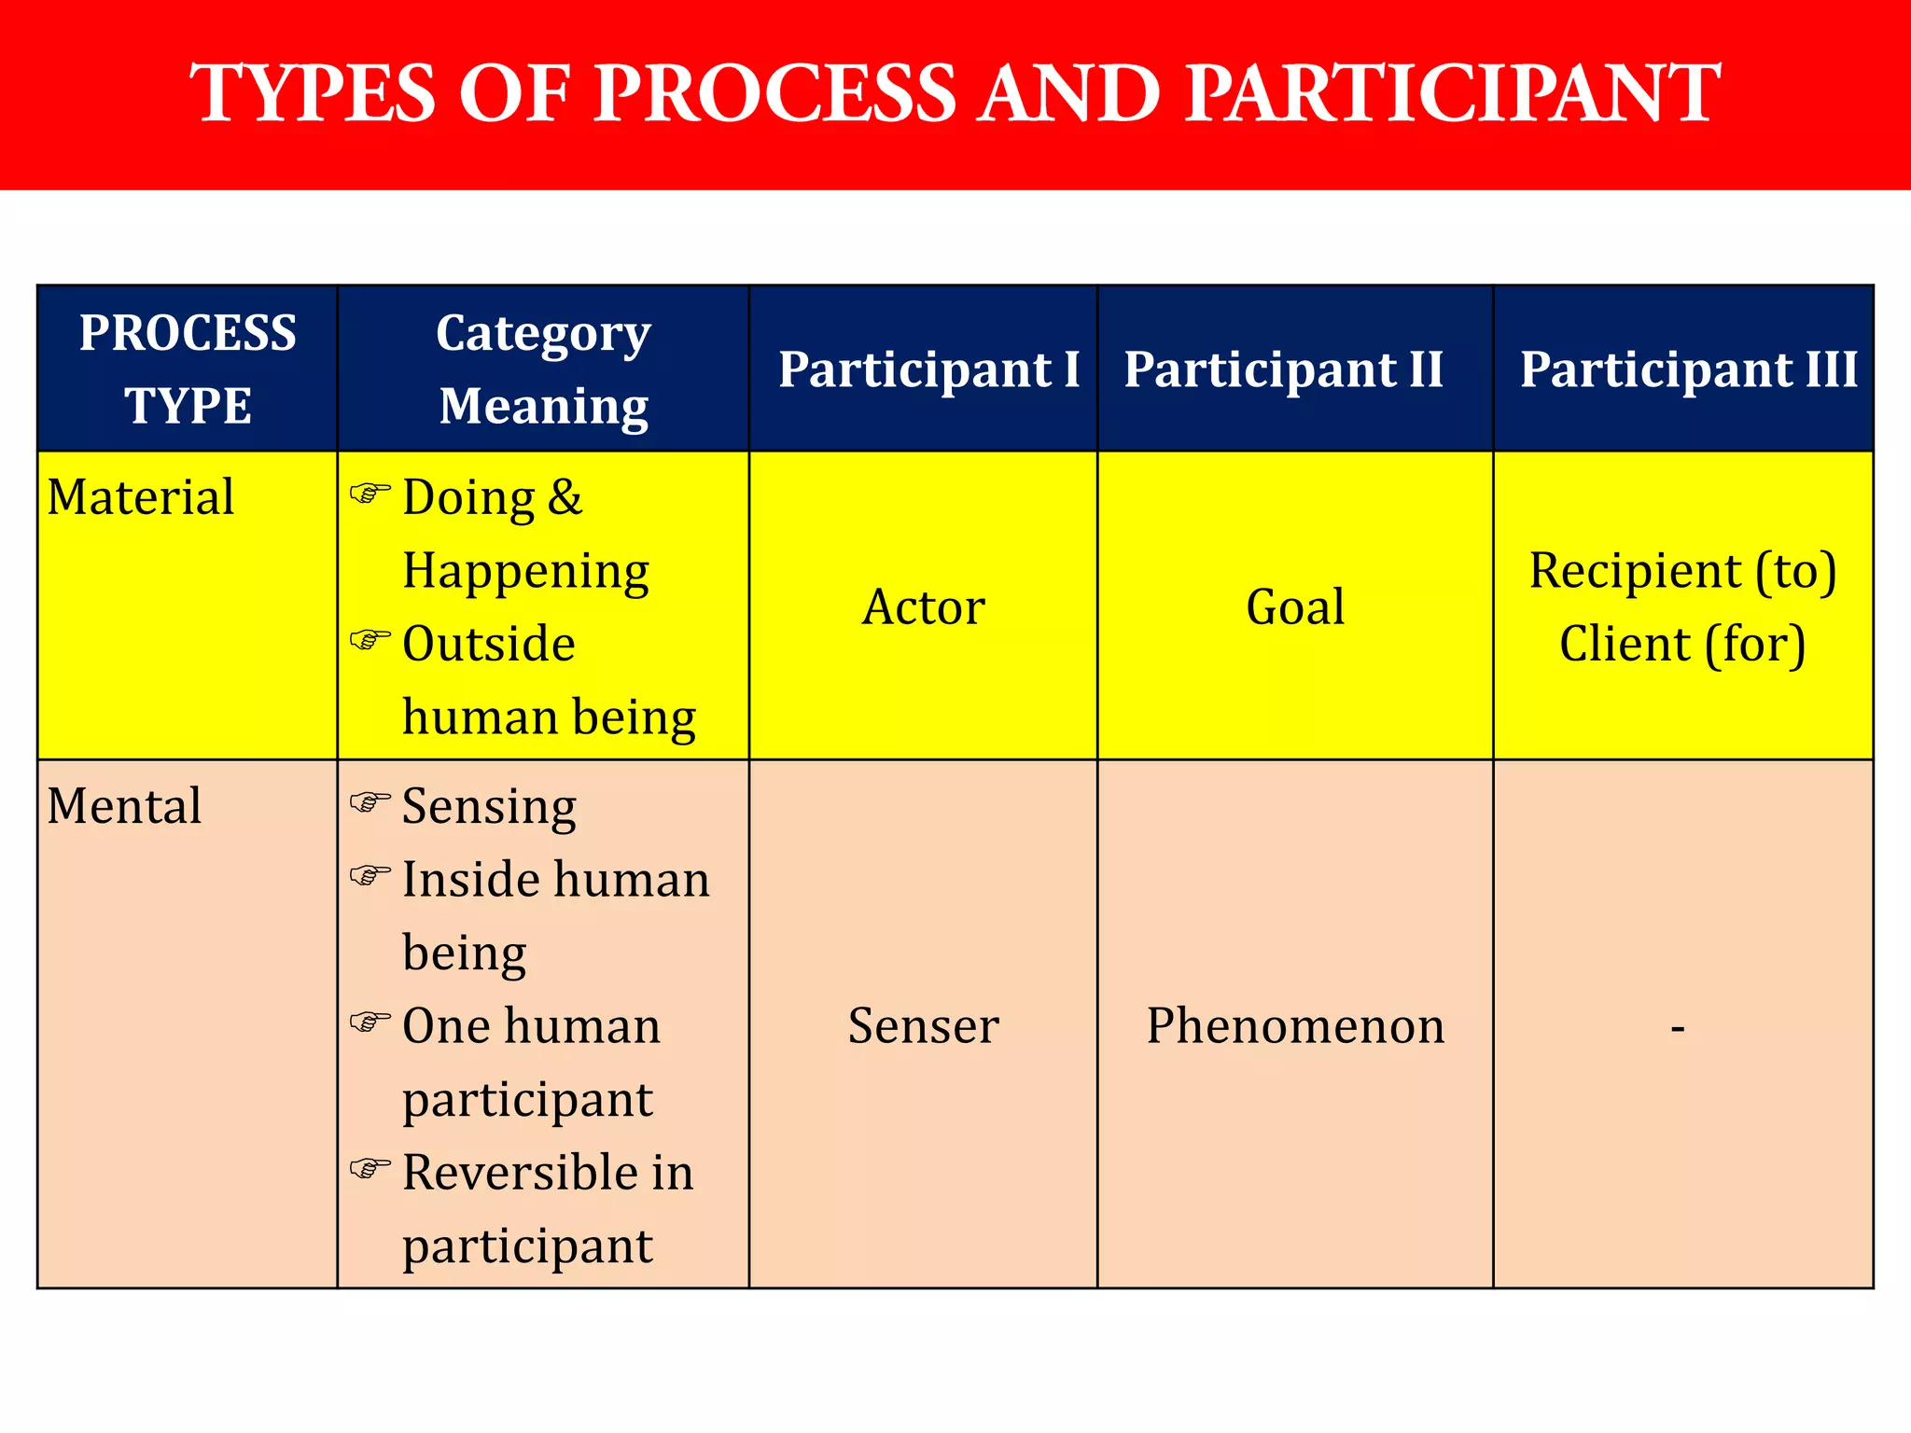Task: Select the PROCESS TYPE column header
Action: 188,369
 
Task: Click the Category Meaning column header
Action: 543,369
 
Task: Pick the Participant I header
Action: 928,369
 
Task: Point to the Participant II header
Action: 1283,369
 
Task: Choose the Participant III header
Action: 1688,369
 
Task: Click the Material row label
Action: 141,496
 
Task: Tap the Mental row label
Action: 124,805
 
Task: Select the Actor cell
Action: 923,607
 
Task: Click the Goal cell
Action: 1295,607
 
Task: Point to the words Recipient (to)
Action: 1682,571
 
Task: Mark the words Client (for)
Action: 1682,644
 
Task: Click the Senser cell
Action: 923,1026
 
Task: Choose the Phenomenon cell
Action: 1295,1026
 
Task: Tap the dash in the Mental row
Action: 1678,1028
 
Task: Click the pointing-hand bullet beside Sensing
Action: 370,802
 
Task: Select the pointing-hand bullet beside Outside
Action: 370,640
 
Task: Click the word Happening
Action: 525,571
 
